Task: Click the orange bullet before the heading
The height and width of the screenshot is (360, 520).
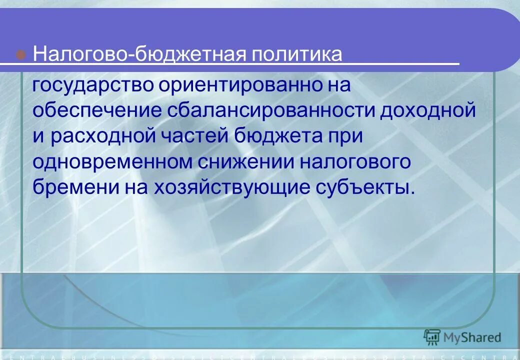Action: click(x=21, y=54)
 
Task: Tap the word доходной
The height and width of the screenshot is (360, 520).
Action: click(x=427, y=110)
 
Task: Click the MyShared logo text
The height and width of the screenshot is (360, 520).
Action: click(x=472, y=337)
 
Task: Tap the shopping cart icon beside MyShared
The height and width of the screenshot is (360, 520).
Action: click(x=431, y=337)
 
